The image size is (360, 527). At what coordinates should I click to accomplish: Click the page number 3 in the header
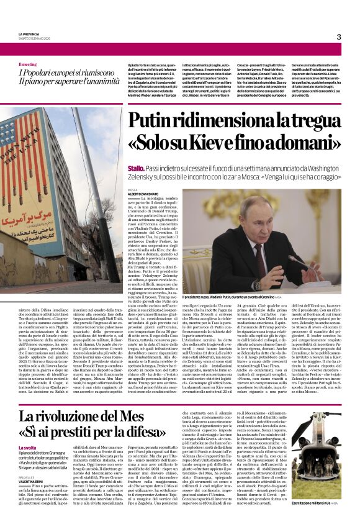point(338,37)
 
